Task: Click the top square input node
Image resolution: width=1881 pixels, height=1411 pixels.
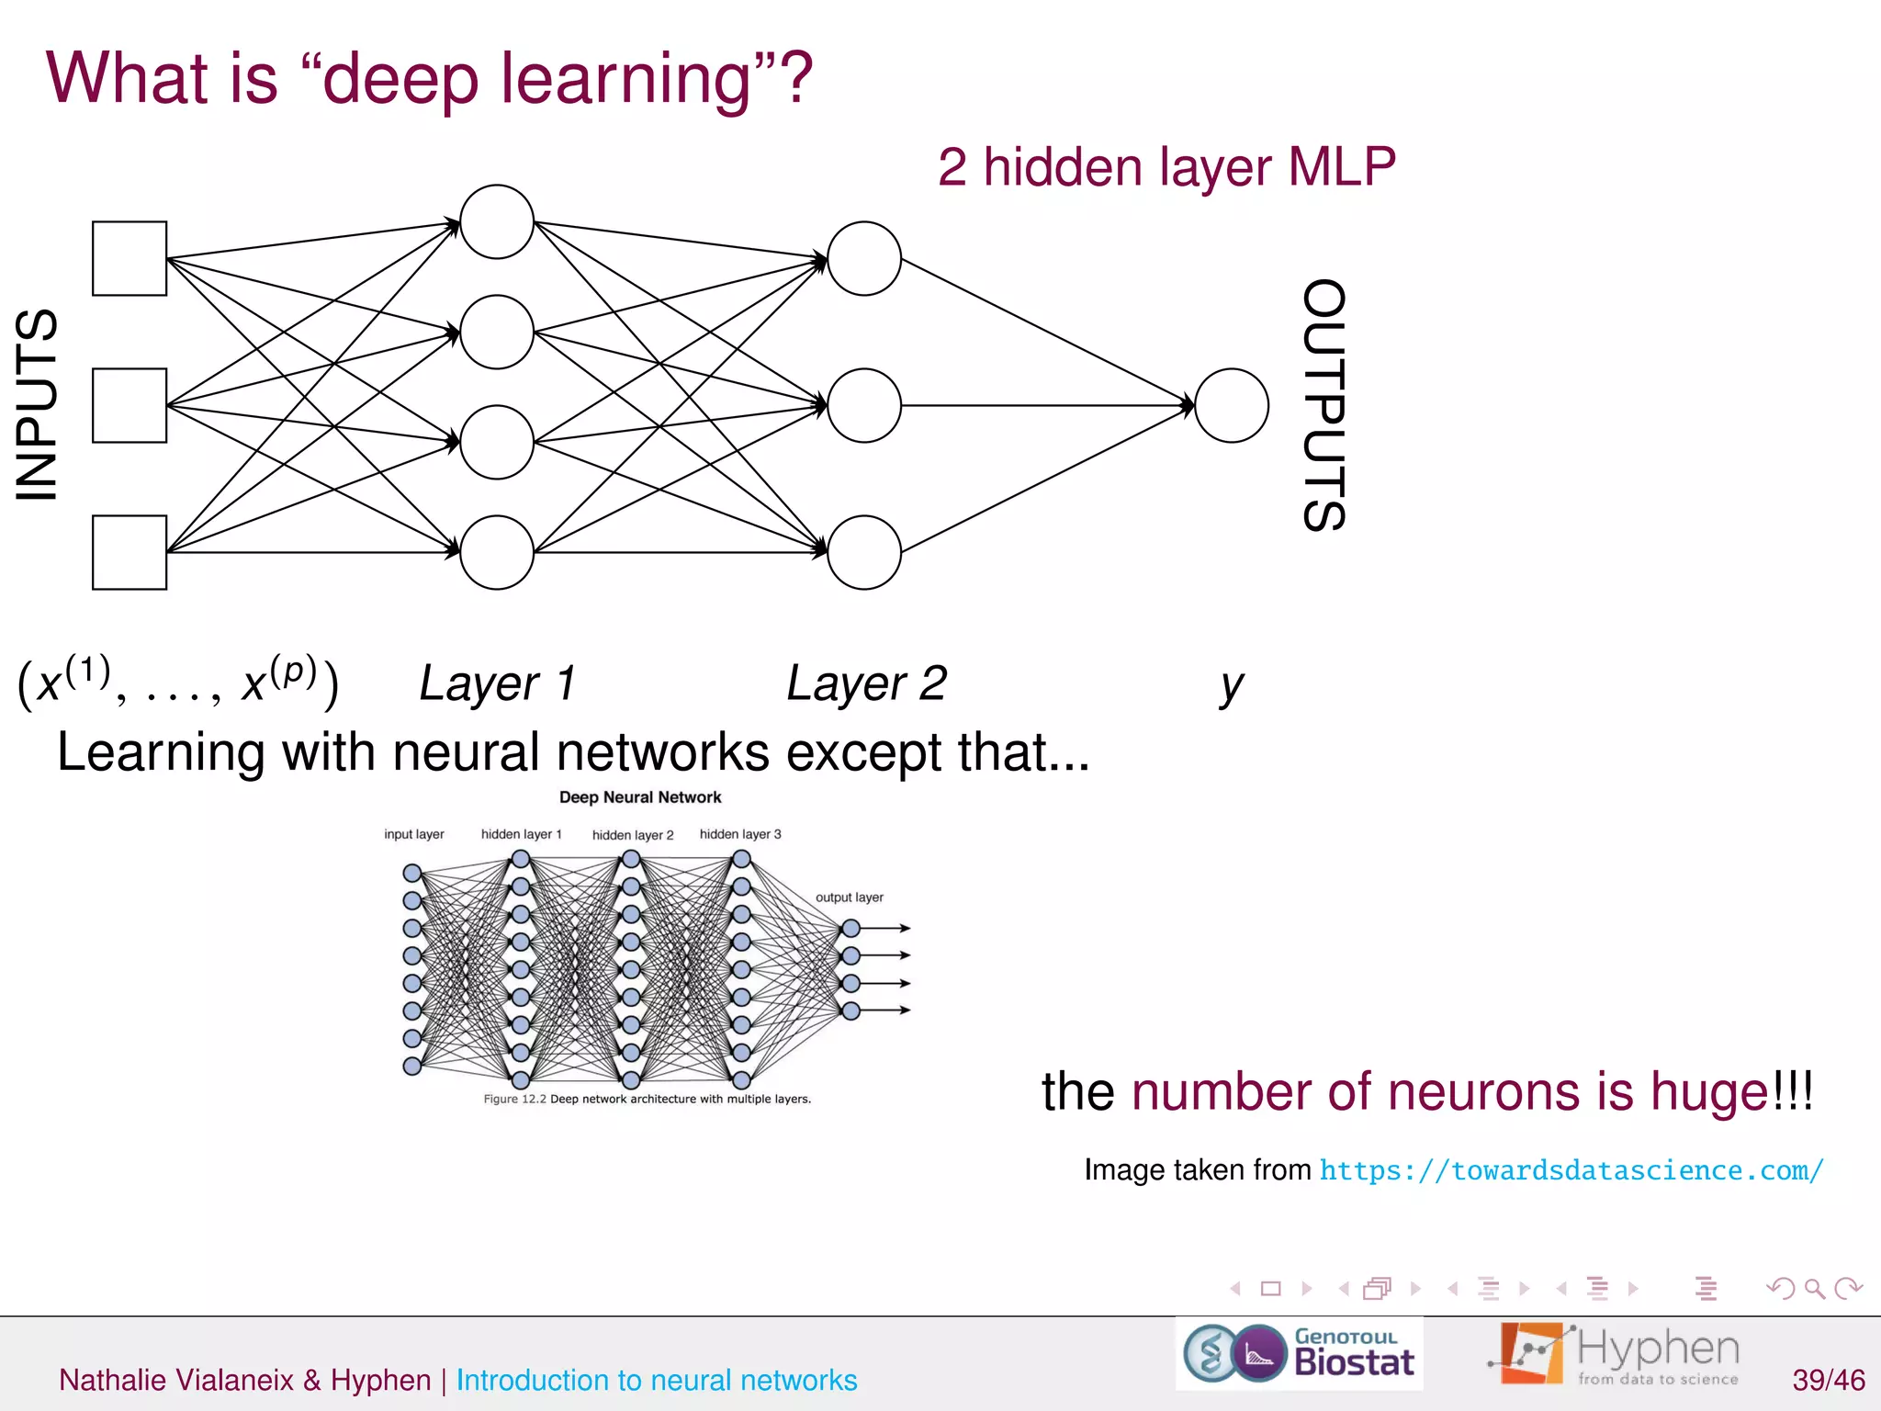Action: tap(130, 258)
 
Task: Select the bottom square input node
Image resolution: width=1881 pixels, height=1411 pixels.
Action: tap(130, 552)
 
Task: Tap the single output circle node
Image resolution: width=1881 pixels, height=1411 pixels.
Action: tap(1232, 405)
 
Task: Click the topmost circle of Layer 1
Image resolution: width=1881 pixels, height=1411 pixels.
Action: tap(497, 221)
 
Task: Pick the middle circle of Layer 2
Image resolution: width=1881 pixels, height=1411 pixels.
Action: tap(864, 405)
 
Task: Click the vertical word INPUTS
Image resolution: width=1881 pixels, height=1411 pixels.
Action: tap(37, 405)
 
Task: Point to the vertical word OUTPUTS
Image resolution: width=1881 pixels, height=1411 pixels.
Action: tap(1324, 405)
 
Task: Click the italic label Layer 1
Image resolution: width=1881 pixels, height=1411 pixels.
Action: tap(498, 683)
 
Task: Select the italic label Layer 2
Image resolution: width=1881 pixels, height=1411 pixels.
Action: tap(866, 683)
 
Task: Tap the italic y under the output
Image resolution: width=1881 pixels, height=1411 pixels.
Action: tap(1232, 685)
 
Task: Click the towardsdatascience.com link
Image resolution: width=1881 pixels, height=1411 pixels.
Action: tap(1571, 1170)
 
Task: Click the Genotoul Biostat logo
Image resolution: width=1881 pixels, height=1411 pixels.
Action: tap(1299, 1353)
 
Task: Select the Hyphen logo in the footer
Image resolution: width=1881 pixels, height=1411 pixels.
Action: tap(1614, 1353)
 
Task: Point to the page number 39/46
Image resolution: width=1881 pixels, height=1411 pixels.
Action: tap(1828, 1380)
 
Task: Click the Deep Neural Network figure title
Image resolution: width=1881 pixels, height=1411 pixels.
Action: tap(640, 797)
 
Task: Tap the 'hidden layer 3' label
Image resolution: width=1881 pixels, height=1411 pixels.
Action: tap(740, 834)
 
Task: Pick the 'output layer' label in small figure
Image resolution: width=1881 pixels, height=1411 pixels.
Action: tap(850, 897)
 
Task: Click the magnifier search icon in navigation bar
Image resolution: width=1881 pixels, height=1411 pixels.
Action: tap(1815, 1289)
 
